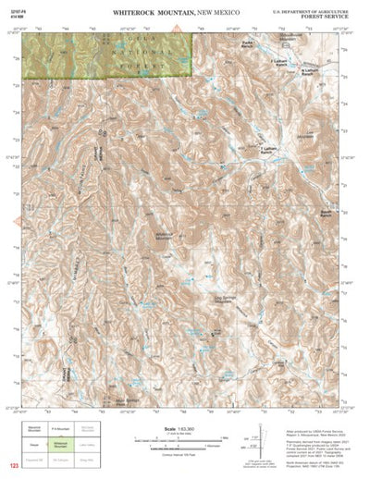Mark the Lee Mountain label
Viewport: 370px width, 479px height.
pos(308,134)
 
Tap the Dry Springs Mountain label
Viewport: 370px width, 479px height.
pos(225,298)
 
